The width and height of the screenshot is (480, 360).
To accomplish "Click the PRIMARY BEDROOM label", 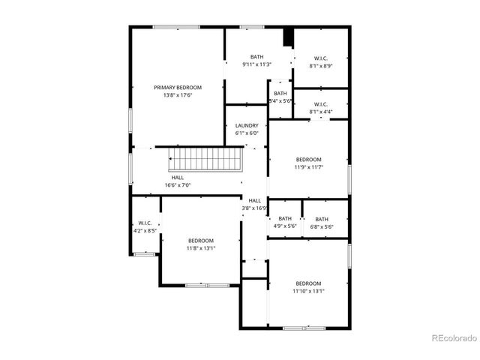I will click(x=178, y=88).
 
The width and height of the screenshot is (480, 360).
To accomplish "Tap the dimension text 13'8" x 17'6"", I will click(x=178, y=95).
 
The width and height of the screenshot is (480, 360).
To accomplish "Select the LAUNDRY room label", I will click(x=247, y=126).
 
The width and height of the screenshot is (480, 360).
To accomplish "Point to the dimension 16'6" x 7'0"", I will click(x=178, y=185).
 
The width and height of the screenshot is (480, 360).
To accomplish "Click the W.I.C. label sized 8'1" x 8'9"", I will click(x=321, y=58).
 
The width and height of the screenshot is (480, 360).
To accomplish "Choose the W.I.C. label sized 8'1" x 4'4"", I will click(x=320, y=104).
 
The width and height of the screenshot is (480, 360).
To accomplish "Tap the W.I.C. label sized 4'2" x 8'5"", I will click(x=145, y=223).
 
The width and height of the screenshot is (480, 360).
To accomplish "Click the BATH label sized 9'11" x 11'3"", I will click(x=257, y=57).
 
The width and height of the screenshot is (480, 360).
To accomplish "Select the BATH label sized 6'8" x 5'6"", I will click(x=321, y=219).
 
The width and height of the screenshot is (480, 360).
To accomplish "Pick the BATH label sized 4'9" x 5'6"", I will click(x=285, y=219).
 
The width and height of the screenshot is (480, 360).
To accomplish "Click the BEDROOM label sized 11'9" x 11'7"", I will click(x=308, y=160).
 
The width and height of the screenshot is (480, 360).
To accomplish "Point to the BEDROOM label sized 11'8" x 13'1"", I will click(x=201, y=241).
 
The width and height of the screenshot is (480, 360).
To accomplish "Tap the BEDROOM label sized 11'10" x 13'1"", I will click(x=308, y=283).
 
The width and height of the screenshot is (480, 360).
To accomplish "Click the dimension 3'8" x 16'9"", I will click(x=255, y=208).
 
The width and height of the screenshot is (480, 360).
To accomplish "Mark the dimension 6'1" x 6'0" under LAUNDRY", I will click(x=247, y=133).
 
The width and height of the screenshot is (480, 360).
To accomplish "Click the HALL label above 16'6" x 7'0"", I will click(x=178, y=178).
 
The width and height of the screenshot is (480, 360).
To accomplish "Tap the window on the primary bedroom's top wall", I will click(x=177, y=28).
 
